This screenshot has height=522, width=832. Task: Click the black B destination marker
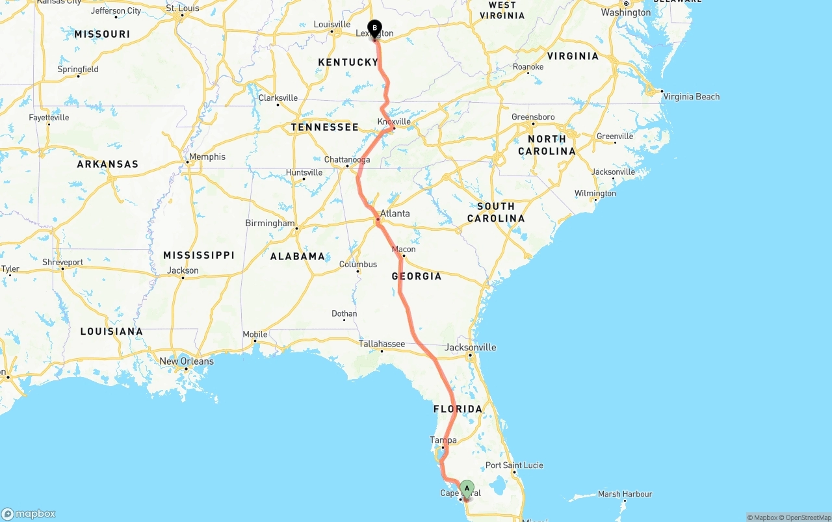tap(374, 28)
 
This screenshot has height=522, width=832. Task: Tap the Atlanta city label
tap(395, 213)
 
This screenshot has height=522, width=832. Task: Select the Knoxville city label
tap(394, 122)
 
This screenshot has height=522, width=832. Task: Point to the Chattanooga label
tap(347, 159)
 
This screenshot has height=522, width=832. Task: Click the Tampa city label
tap(443, 440)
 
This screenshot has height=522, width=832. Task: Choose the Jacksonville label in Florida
tap(470, 347)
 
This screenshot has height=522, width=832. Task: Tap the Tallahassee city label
tap(382, 344)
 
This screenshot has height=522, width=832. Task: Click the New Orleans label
tap(187, 361)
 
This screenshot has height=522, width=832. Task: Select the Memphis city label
tap(207, 157)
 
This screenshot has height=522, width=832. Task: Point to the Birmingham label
tap(270, 223)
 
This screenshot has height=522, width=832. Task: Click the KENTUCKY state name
tap(348, 62)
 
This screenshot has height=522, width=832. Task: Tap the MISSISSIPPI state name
tap(198, 255)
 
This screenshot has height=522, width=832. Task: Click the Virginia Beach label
tap(691, 97)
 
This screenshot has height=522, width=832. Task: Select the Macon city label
tap(404, 249)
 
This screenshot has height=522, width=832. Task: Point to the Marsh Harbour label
tap(625, 494)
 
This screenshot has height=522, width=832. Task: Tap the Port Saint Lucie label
tap(514, 465)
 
